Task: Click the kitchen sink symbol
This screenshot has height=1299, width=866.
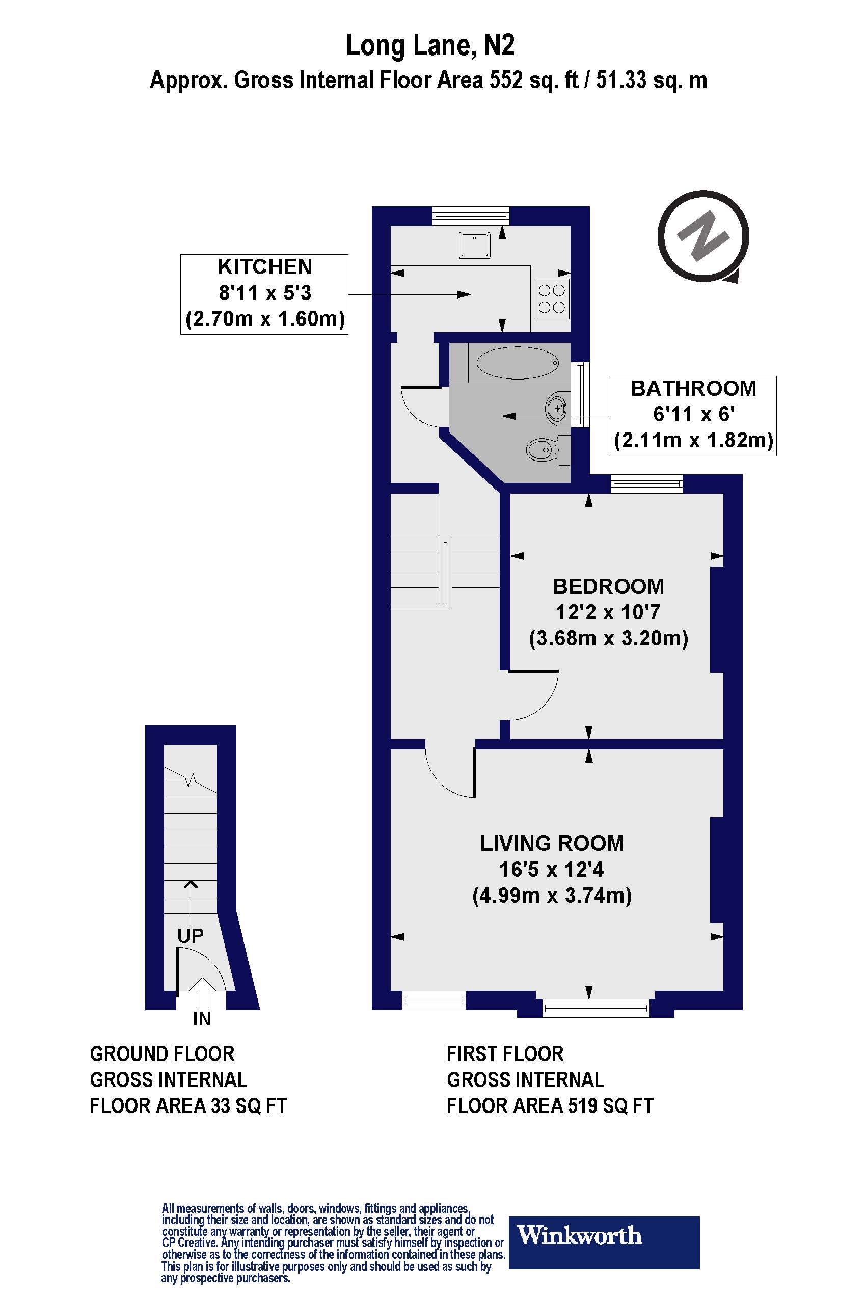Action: tap(474, 245)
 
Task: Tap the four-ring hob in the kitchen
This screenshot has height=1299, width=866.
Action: tap(552, 299)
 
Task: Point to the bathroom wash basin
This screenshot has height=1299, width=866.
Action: tap(557, 408)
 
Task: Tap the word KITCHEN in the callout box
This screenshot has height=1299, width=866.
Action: tap(264, 267)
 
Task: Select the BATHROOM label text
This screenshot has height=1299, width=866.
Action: tap(693, 388)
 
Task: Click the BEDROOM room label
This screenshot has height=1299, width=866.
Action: tap(608, 586)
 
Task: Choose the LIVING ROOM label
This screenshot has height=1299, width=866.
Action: tap(552, 843)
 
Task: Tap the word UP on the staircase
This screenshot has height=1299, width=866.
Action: tap(191, 936)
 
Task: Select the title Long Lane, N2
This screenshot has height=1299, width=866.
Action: tap(430, 46)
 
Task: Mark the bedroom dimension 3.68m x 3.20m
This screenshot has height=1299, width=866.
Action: tap(608, 638)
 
